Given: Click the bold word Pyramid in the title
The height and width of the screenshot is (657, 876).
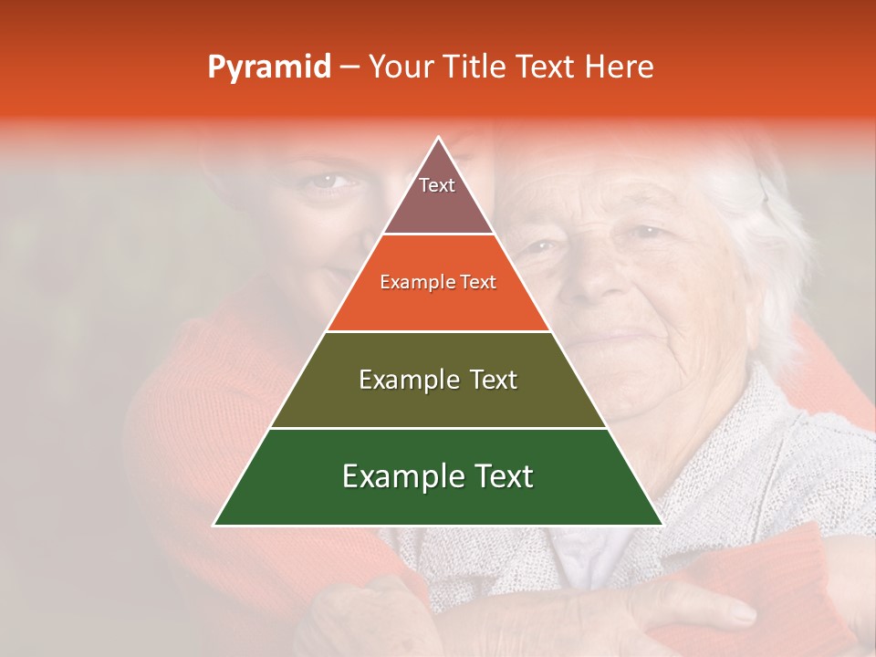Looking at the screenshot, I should click(x=269, y=68).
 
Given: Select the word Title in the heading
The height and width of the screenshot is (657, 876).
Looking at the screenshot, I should click(x=476, y=68).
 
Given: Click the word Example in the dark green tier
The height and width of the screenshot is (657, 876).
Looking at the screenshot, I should click(x=403, y=476).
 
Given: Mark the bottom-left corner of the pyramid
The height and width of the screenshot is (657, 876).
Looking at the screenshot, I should click(x=215, y=525).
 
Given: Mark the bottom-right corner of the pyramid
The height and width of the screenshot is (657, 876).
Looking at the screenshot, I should click(x=662, y=525).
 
